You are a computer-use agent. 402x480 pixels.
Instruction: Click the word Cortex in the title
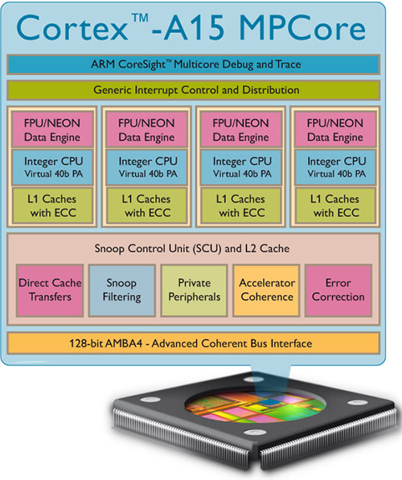(x=72, y=28)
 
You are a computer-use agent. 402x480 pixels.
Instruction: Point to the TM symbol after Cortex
(x=140, y=18)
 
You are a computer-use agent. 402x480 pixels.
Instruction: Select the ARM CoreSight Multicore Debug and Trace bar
(x=194, y=64)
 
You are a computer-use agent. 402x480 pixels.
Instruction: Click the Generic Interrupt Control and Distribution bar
(x=194, y=90)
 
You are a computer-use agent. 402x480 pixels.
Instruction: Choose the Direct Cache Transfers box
(x=50, y=290)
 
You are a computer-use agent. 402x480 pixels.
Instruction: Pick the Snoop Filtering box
(x=122, y=290)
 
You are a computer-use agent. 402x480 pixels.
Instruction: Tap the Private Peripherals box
(x=194, y=290)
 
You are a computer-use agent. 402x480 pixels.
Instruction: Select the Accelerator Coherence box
(x=266, y=290)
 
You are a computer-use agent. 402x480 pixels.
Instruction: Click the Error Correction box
(x=338, y=290)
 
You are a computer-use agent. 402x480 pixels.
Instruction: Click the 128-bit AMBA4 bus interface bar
(x=194, y=343)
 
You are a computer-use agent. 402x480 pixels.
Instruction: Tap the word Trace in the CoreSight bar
(x=288, y=64)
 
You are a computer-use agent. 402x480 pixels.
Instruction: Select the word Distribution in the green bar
(x=271, y=90)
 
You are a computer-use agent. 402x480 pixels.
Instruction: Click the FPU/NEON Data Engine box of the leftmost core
(x=52, y=129)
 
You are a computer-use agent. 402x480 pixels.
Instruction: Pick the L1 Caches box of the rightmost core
(x=335, y=205)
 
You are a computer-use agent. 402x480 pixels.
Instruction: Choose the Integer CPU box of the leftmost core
(x=52, y=167)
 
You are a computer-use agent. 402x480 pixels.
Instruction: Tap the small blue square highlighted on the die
(x=269, y=402)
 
